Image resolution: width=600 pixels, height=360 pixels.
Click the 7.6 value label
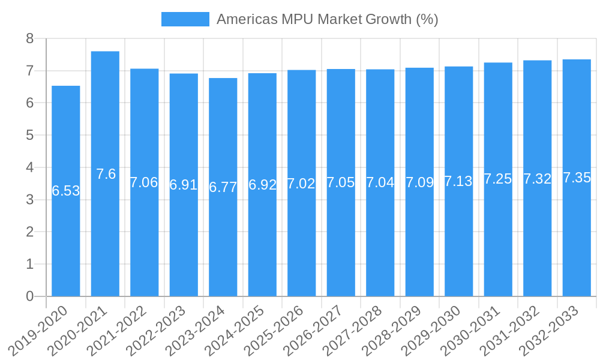[x=106, y=175]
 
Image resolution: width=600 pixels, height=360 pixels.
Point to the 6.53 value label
[x=66, y=191]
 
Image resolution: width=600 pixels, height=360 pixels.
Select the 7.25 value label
[x=498, y=179]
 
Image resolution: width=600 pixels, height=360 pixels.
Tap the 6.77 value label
[x=223, y=187]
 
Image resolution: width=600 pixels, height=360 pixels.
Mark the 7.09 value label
[x=419, y=182]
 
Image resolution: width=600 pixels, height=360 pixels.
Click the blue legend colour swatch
[x=185, y=19]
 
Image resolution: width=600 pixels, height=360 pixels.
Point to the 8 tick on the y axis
[x=29, y=39]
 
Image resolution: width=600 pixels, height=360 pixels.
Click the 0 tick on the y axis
[x=29, y=296]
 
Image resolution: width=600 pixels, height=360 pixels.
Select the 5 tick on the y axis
[x=29, y=136]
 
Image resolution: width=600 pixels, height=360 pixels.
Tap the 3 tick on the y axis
[x=29, y=200]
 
